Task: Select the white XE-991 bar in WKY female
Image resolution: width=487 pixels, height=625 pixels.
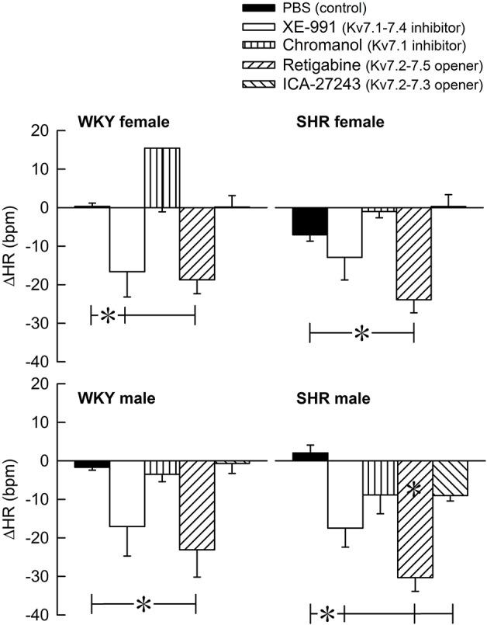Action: pos(126,239)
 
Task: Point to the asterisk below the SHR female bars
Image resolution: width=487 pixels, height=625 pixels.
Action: pos(361,334)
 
